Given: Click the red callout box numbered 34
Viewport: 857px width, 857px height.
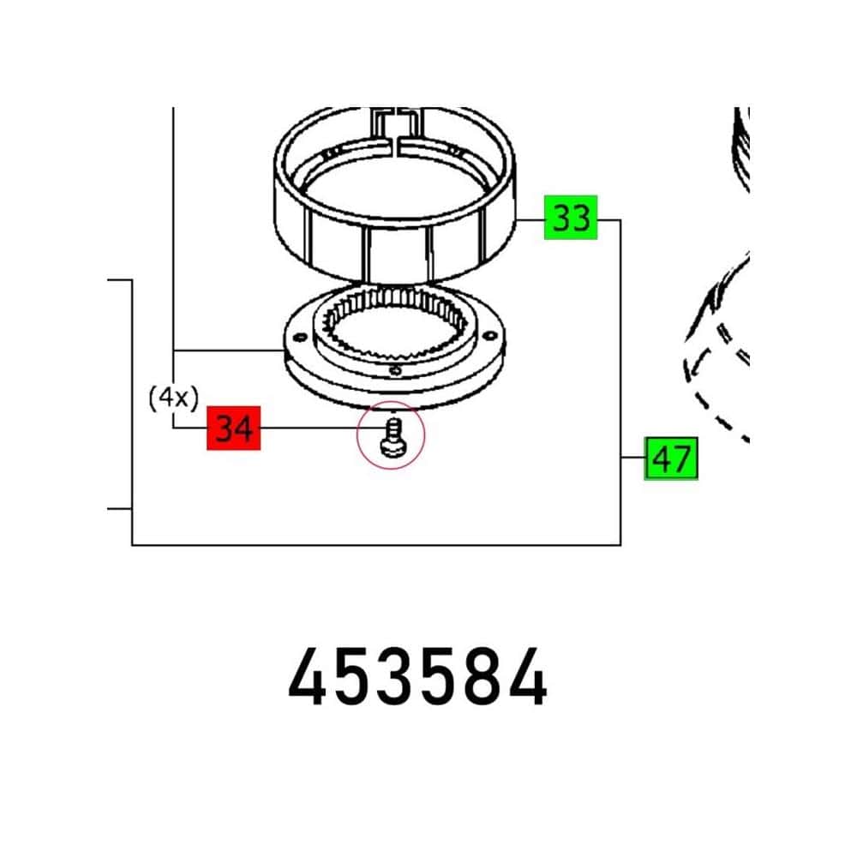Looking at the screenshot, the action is coord(233,428).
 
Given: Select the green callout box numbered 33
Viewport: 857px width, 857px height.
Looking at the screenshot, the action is coord(571,218).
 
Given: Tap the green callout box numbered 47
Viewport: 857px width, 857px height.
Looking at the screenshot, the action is coord(671,458).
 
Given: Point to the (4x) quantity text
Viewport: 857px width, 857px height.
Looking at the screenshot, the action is coord(173,398).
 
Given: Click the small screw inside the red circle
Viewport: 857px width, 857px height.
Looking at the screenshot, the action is coord(393,438).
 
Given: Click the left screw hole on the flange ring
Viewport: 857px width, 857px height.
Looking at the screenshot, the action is coord(299,338).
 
